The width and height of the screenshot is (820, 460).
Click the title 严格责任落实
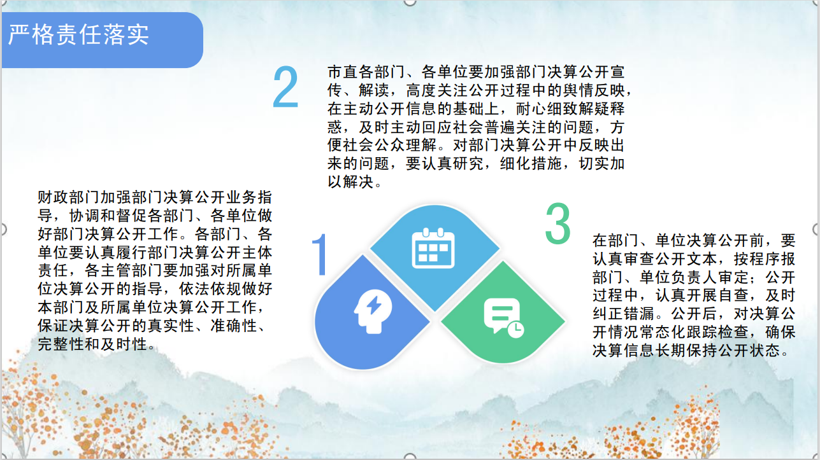tap(78, 35)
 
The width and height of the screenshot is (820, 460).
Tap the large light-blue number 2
tap(286, 87)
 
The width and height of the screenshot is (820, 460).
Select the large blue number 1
tap(320, 254)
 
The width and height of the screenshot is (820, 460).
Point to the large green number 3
tap(557, 224)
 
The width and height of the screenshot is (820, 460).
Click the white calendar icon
tap(433, 248)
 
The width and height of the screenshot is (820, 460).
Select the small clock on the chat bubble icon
tap(515, 330)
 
